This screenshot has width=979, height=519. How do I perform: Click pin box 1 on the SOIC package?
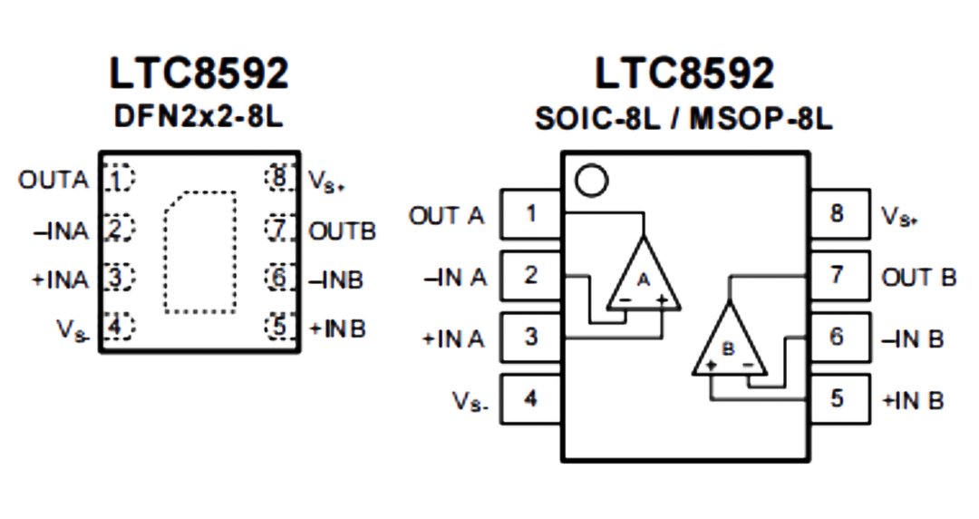tap(531, 214)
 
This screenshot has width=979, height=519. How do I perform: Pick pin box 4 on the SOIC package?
tap(531, 399)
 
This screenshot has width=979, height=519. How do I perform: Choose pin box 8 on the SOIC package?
tap(839, 214)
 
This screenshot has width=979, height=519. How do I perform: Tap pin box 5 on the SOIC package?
tap(839, 399)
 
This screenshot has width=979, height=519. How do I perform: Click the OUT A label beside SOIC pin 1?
tap(446, 216)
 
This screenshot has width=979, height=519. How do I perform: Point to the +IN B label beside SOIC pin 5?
tap(913, 400)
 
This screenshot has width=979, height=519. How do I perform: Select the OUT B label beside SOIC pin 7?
tap(918, 277)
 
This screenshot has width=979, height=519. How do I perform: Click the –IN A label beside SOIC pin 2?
tap(455, 277)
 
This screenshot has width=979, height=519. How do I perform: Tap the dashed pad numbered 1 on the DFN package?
tap(118, 178)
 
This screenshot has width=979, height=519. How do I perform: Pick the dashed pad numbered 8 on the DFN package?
tap(280, 178)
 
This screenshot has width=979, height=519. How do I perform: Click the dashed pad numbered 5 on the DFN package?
tap(280, 327)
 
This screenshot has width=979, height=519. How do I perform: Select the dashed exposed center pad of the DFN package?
tap(200, 252)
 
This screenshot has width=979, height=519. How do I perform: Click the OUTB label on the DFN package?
tap(342, 231)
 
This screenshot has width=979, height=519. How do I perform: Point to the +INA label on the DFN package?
tap(61, 279)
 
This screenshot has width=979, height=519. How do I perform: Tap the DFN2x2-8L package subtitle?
tap(199, 116)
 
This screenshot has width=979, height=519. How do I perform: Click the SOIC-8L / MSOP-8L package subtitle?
tap(683, 118)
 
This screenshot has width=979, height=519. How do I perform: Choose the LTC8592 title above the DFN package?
tap(199, 73)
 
